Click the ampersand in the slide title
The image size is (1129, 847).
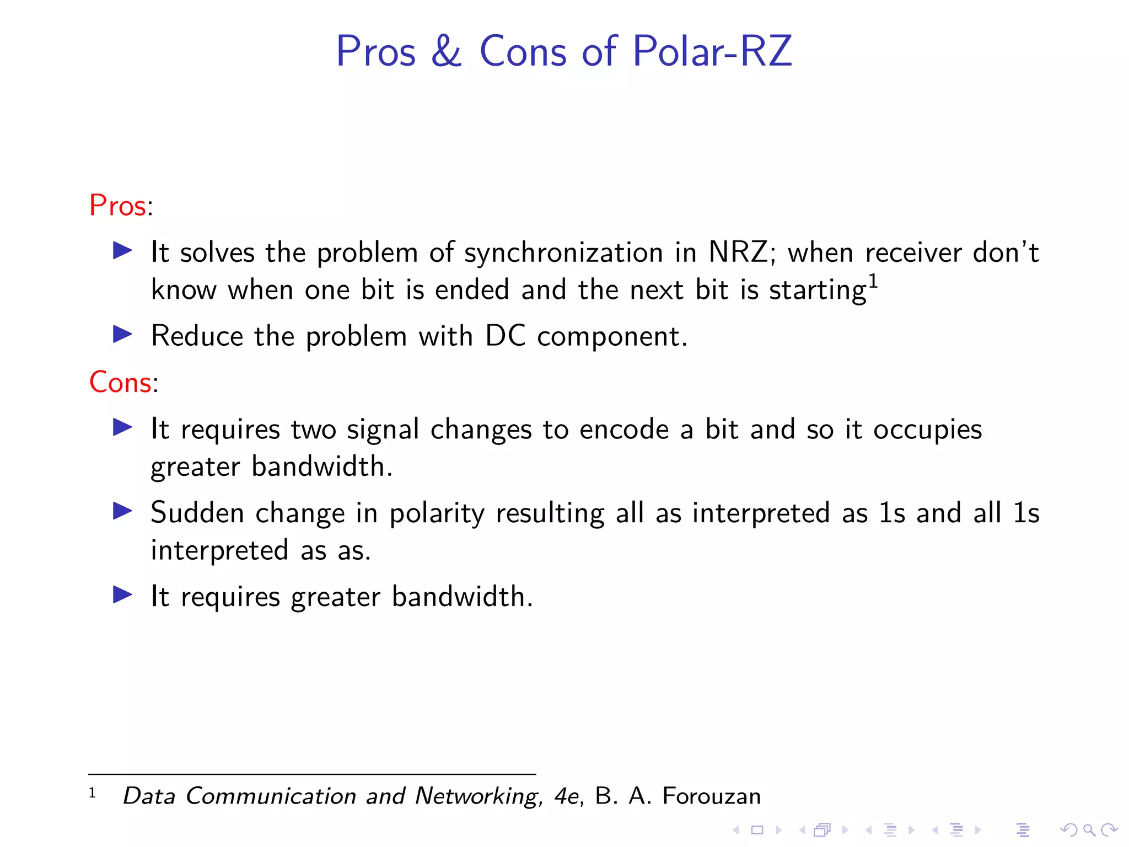(x=446, y=51)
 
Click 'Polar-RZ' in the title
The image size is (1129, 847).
(x=712, y=51)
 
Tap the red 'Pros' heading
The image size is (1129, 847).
(x=117, y=206)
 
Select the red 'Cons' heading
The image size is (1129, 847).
(x=120, y=382)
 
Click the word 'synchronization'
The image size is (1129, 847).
(x=563, y=253)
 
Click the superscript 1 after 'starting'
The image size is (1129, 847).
(x=873, y=281)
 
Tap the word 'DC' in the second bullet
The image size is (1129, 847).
(x=505, y=336)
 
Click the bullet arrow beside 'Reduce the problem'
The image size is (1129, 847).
(x=122, y=334)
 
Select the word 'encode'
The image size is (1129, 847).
(x=624, y=430)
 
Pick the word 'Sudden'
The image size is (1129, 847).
(x=197, y=513)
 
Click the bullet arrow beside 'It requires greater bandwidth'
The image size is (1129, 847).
(x=122, y=594)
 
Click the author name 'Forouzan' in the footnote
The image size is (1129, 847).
(x=711, y=796)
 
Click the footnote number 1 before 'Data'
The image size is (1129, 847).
(x=92, y=793)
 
